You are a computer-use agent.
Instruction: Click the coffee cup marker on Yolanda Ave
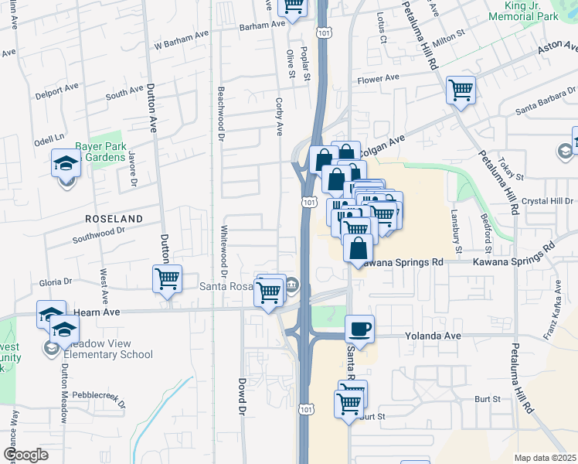click(360, 329)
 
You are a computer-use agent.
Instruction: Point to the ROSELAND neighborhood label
click(114, 219)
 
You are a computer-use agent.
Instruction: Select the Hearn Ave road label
click(93, 312)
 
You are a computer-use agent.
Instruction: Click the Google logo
click(26, 455)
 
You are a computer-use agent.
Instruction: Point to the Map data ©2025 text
click(545, 458)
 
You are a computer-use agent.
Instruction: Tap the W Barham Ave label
click(182, 44)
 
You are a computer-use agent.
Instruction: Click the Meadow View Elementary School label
click(108, 350)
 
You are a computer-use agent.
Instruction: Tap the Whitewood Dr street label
click(223, 251)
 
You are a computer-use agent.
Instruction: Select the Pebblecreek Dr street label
click(98, 395)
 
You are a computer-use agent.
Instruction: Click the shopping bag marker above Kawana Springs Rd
click(358, 249)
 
